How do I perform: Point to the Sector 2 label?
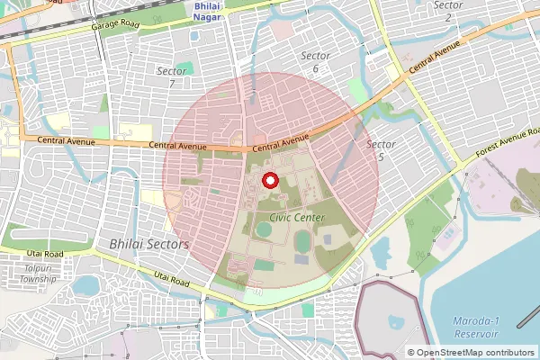point(448,11)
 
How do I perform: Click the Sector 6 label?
point(315,62)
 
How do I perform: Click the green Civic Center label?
point(293,217)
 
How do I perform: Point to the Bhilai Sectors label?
point(148,244)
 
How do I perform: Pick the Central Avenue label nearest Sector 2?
point(434,56)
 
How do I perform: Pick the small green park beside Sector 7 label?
point(185,69)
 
